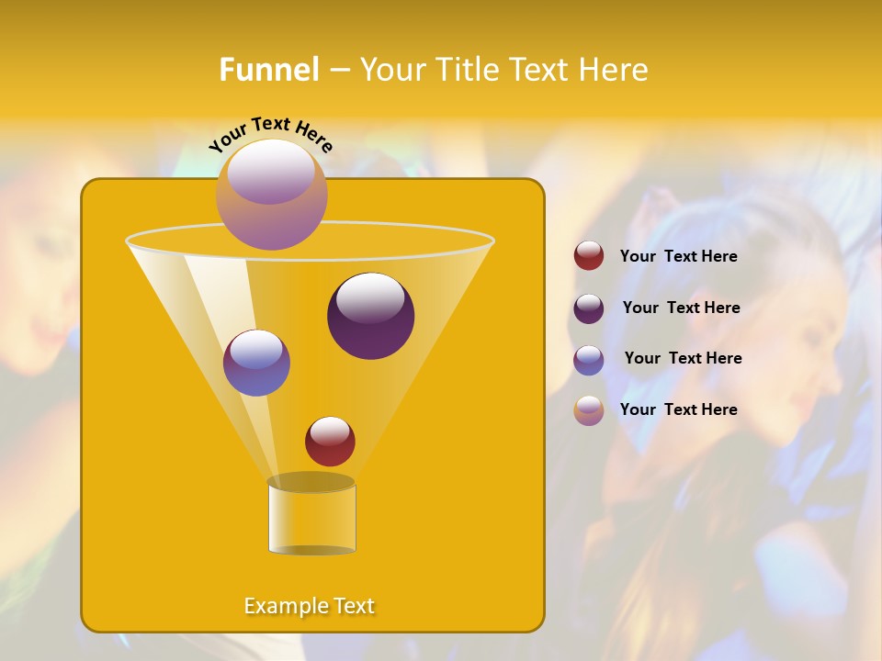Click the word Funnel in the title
point(268,70)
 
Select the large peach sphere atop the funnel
point(271,195)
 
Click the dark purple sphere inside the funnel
point(370,316)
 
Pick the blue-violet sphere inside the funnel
point(256,363)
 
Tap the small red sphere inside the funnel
point(330,442)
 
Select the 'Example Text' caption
point(310,606)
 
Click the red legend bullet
point(589,256)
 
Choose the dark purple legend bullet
point(589,308)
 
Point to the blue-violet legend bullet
point(589,359)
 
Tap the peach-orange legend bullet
point(589,409)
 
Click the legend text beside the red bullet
point(678,256)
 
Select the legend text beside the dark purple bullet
point(681,308)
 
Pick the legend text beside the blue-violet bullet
point(683,358)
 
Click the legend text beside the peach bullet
point(678,409)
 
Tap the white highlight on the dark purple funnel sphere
point(370,298)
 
